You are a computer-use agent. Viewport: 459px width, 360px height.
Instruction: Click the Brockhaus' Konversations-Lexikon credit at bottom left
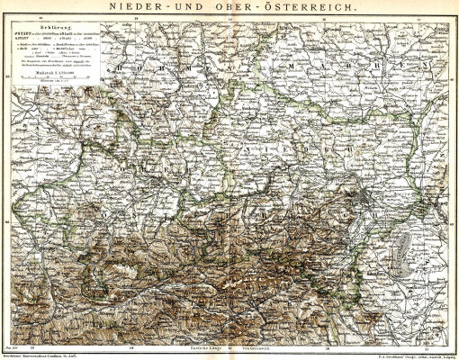click(45, 355)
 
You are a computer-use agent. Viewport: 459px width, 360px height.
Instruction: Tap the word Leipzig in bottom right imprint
click(446, 355)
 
